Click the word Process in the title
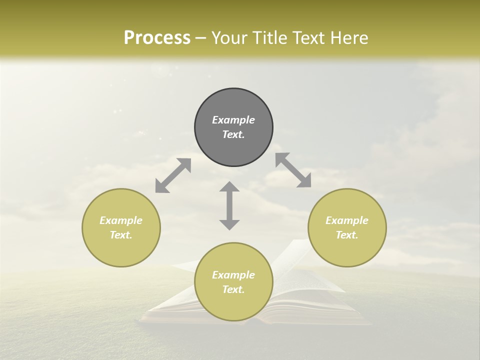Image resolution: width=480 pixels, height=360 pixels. pyautogui.click(x=157, y=38)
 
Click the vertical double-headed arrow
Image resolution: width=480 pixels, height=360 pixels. pyautogui.click(x=229, y=205)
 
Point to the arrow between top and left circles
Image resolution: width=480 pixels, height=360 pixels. pyautogui.click(x=173, y=175)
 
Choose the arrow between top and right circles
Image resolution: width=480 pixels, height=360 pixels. pyautogui.click(x=293, y=170)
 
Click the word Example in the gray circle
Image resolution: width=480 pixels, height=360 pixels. pyautogui.click(x=233, y=120)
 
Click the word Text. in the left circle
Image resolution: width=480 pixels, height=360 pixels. pyautogui.click(x=121, y=235)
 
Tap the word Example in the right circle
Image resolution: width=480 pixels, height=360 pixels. pyautogui.click(x=347, y=220)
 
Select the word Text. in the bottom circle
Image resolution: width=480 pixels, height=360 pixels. pyautogui.click(x=233, y=289)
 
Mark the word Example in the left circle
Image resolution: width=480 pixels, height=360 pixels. pyautogui.click(x=121, y=220)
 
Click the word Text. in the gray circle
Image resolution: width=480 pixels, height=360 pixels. pyautogui.click(x=233, y=134)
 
